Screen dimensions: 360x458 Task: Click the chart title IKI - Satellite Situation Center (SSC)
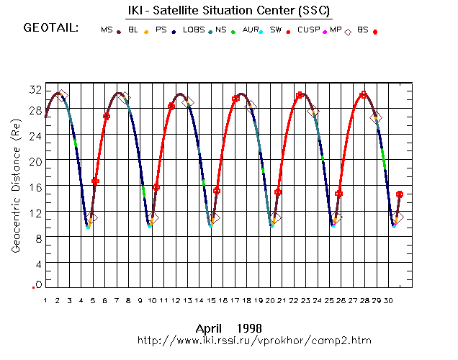tap(230, 10)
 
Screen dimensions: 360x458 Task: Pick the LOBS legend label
tap(194, 30)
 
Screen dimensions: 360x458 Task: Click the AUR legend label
tap(251, 30)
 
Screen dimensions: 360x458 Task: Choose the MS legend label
tap(106, 30)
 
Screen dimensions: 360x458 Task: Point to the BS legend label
tap(362, 30)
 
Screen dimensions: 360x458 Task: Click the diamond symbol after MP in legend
tap(348, 32)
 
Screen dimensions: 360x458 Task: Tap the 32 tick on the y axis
tap(35, 89)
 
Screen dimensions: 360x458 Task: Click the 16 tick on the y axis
tap(35, 186)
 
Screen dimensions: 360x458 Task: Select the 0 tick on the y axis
tap(38, 284)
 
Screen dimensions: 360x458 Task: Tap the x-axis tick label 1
tap(45, 300)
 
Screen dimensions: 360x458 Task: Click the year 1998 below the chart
tap(247, 328)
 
